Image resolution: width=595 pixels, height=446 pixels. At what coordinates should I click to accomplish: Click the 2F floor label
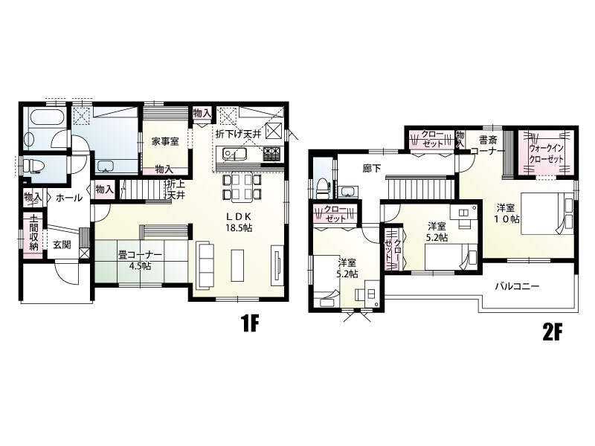(x=552, y=333)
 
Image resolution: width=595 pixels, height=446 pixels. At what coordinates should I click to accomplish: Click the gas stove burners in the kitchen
(x=272, y=153)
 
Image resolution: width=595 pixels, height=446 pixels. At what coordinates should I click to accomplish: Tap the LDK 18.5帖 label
(x=238, y=222)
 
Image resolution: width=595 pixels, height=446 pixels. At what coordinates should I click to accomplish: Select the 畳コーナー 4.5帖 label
(x=140, y=261)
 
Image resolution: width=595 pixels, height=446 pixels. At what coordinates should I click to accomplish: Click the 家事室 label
(x=165, y=142)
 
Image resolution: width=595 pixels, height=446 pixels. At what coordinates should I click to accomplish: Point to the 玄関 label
(x=62, y=245)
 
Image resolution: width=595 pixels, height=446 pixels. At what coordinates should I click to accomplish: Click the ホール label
(x=69, y=198)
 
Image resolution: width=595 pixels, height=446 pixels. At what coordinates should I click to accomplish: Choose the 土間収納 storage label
(x=33, y=233)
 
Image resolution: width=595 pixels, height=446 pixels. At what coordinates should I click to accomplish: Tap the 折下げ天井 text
(x=238, y=134)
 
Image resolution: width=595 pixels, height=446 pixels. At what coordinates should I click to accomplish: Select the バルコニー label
(x=517, y=286)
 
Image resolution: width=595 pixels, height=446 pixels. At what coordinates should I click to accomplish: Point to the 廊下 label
(x=371, y=169)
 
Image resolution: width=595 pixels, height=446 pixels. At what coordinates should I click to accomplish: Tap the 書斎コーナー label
(x=488, y=145)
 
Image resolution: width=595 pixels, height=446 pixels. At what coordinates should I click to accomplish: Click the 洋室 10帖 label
(x=506, y=213)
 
